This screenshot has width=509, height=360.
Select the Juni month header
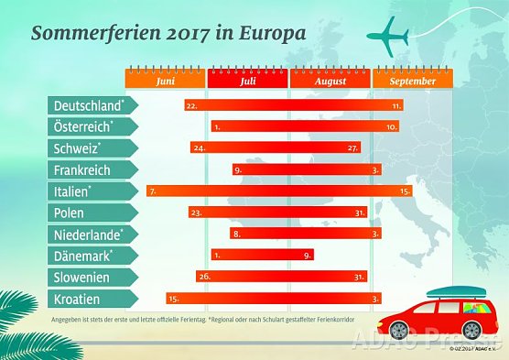tap(166, 82)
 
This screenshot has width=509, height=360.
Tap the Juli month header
tap(247, 82)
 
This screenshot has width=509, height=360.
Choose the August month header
tap(330, 82)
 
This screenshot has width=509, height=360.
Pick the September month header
tap(412, 82)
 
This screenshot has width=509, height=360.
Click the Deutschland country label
tap(90, 105)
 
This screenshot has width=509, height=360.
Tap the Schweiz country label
tap(78, 147)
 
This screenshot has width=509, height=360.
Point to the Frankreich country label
tap(83, 169)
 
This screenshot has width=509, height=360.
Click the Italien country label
tap(74, 191)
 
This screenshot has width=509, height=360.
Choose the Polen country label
tap(70, 213)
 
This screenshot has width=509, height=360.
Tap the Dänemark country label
tap(83, 256)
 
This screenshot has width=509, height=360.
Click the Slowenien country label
tap(83, 277)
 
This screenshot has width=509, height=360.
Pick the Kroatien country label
tap(78, 299)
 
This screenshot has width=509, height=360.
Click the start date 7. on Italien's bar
tap(152, 191)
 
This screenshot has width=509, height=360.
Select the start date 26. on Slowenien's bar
tap(205, 277)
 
